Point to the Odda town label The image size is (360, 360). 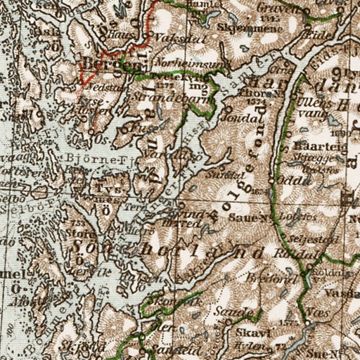click(290, 179)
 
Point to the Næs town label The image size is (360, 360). click(317, 309)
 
